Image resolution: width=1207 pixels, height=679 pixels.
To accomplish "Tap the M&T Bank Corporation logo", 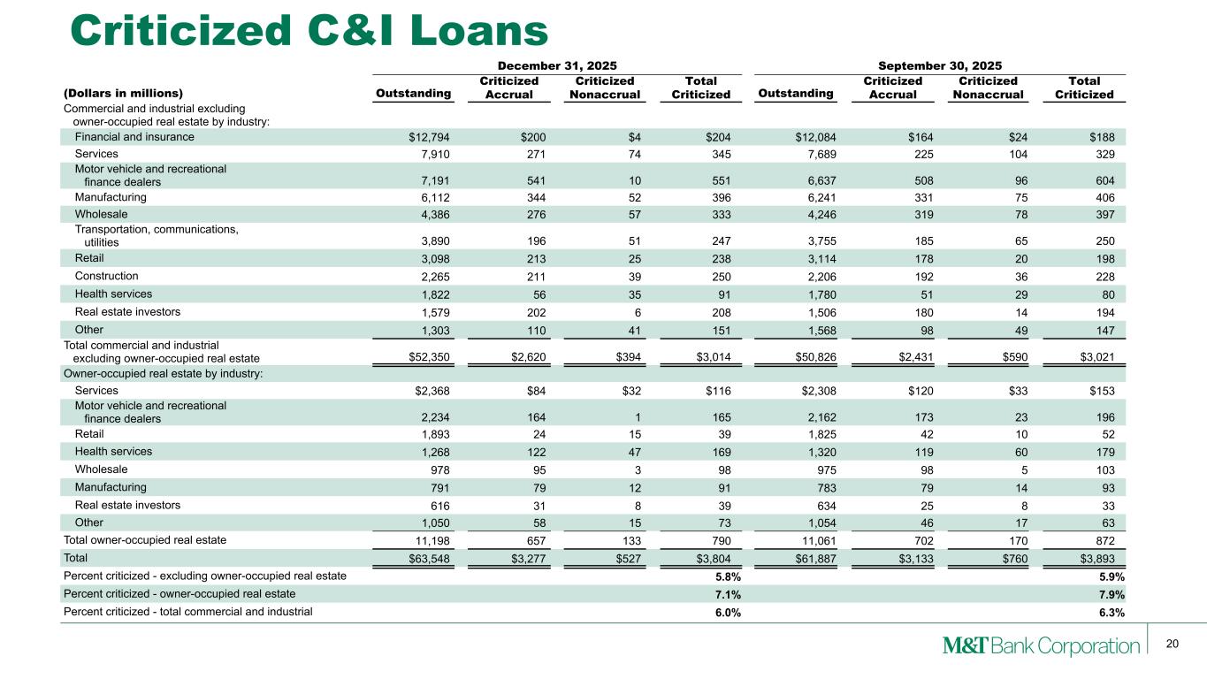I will [x=1040, y=645].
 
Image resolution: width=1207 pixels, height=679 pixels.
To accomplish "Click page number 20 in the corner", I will [x=1173, y=645].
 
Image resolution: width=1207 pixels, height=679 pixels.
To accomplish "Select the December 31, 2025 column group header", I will [x=557, y=65].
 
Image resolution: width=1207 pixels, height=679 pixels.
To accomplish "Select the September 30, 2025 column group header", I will [x=939, y=65].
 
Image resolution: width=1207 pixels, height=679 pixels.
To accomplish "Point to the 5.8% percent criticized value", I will [x=728, y=576].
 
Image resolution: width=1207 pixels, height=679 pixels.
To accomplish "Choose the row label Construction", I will [x=106, y=276].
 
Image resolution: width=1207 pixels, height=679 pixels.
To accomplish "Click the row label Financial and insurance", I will [x=134, y=137].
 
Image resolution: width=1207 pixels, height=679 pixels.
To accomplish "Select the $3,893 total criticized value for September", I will [x=1092, y=558].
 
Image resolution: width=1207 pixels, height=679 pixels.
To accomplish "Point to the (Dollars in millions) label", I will [x=123, y=93].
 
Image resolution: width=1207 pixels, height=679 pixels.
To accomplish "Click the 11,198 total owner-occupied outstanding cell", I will [x=432, y=540].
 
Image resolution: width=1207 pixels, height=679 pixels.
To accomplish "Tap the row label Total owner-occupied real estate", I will [x=145, y=539].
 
